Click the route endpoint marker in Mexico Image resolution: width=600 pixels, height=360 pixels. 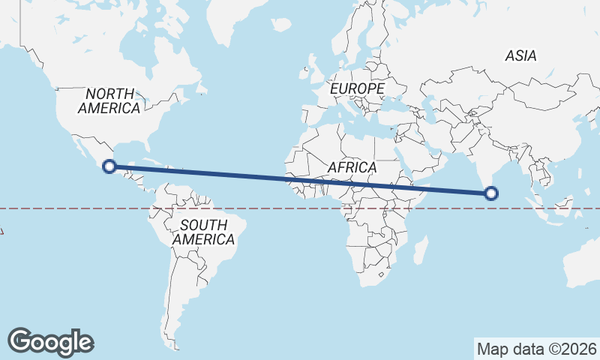(109, 167)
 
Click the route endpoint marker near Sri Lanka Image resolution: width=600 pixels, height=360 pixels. (491, 193)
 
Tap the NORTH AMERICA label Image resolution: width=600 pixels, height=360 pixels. (109, 101)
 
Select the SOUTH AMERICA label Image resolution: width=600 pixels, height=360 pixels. (203, 232)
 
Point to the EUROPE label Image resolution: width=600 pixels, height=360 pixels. (357, 88)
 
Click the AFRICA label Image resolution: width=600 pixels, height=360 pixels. (351, 166)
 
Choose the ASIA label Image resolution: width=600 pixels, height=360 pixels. (520, 55)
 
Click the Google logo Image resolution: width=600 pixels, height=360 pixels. (50, 342)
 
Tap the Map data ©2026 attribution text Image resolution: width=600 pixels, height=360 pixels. (536, 349)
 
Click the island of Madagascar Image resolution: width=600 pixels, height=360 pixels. (421, 250)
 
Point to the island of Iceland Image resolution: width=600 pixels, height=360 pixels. (281, 25)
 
